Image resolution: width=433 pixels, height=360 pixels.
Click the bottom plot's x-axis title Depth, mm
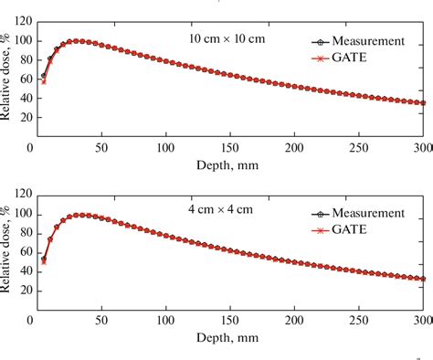click(227, 336)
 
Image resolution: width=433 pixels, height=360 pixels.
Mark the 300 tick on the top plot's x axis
click(423, 146)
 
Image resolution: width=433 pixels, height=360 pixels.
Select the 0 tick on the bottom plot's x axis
click(32, 319)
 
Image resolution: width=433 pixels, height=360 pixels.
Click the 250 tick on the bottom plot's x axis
click(359, 319)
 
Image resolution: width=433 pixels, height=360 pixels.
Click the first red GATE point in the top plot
click(43, 81)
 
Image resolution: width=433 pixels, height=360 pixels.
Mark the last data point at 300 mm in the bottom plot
click(423, 279)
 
